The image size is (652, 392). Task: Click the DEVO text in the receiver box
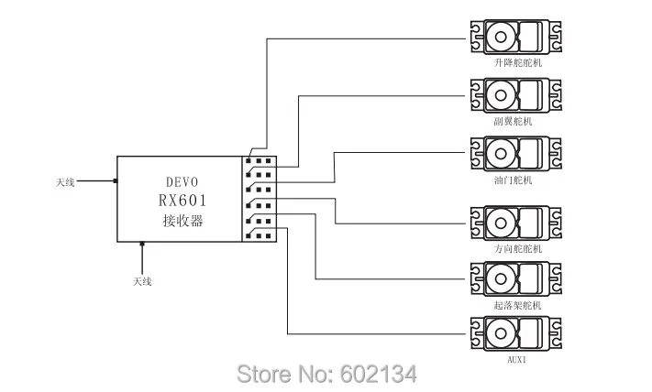(182, 182)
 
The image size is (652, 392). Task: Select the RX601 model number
(182, 201)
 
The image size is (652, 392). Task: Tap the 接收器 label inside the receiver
(182, 220)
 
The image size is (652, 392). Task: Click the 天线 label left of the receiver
(65, 182)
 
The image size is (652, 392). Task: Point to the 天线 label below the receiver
(142, 281)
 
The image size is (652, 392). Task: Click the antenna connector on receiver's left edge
(116, 180)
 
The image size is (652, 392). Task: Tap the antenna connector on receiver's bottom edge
(142, 244)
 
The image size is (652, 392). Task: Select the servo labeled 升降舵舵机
(516, 37)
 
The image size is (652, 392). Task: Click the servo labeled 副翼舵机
(516, 95)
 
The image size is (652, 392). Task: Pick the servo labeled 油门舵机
(516, 154)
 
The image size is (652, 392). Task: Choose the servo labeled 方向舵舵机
(516, 223)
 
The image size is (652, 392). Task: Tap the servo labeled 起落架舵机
(516, 279)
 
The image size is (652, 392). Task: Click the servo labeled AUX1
(516, 333)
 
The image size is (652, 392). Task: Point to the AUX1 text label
(517, 360)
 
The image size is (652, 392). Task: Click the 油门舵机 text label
(514, 180)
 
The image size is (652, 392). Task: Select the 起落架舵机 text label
(518, 305)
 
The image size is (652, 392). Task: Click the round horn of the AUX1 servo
(501, 333)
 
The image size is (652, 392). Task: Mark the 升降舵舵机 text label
(518, 62)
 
